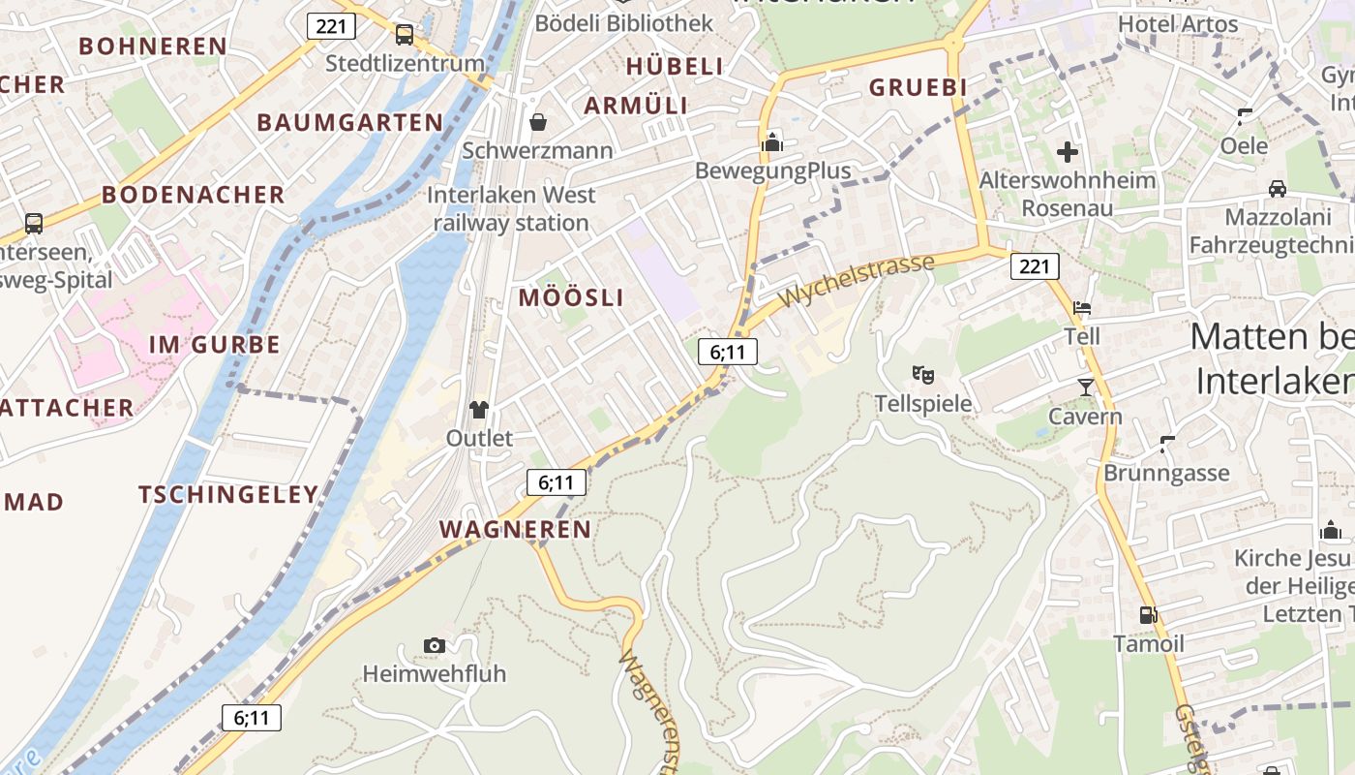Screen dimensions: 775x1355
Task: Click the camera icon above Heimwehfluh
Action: pyautogui.click(x=435, y=645)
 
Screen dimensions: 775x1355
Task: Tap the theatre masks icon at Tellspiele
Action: pyautogui.click(x=922, y=373)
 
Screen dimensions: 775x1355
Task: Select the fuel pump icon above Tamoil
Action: pyautogui.click(x=1148, y=614)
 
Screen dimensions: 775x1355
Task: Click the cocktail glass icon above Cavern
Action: pyautogui.click(x=1085, y=387)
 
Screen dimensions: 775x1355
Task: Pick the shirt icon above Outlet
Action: pyautogui.click(x=479, y=409)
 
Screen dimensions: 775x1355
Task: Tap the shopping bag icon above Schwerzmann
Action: pyautogui.click(x=537, y=122)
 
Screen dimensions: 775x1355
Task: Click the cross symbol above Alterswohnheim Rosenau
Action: pyautogui.click(x=1068, y=152)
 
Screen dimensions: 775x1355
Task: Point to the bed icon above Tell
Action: pyautogui.click(x=1082, y=308)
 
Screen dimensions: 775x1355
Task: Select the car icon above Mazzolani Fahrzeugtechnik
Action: pyautogui.click(x=1277, y=188)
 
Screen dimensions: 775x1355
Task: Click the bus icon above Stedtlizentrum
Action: pyautogui.click(x=405, y=35)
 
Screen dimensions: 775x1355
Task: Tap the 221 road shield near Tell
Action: pyautogui.click(x=1035, y=265)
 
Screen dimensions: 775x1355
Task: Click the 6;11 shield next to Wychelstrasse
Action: pyautogui.click(x=728, y=352)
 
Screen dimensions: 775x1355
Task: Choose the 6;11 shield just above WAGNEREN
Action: pyautogui.click(x=557, y=481)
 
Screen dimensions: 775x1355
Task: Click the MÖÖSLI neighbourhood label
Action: pyautogui.click(x=571, y=297)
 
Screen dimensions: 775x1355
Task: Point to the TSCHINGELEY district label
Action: pyautogui.click(x=228, y=495)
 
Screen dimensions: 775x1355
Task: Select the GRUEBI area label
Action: pyautogui.click(x=918, y=87)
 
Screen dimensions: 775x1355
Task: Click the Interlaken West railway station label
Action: pyautogui.click(x=511, y=208)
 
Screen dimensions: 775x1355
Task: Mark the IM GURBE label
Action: pyautogui.click(x=215, y=345)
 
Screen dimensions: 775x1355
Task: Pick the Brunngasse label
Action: pyautogui.click(x=1166, y=473)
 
